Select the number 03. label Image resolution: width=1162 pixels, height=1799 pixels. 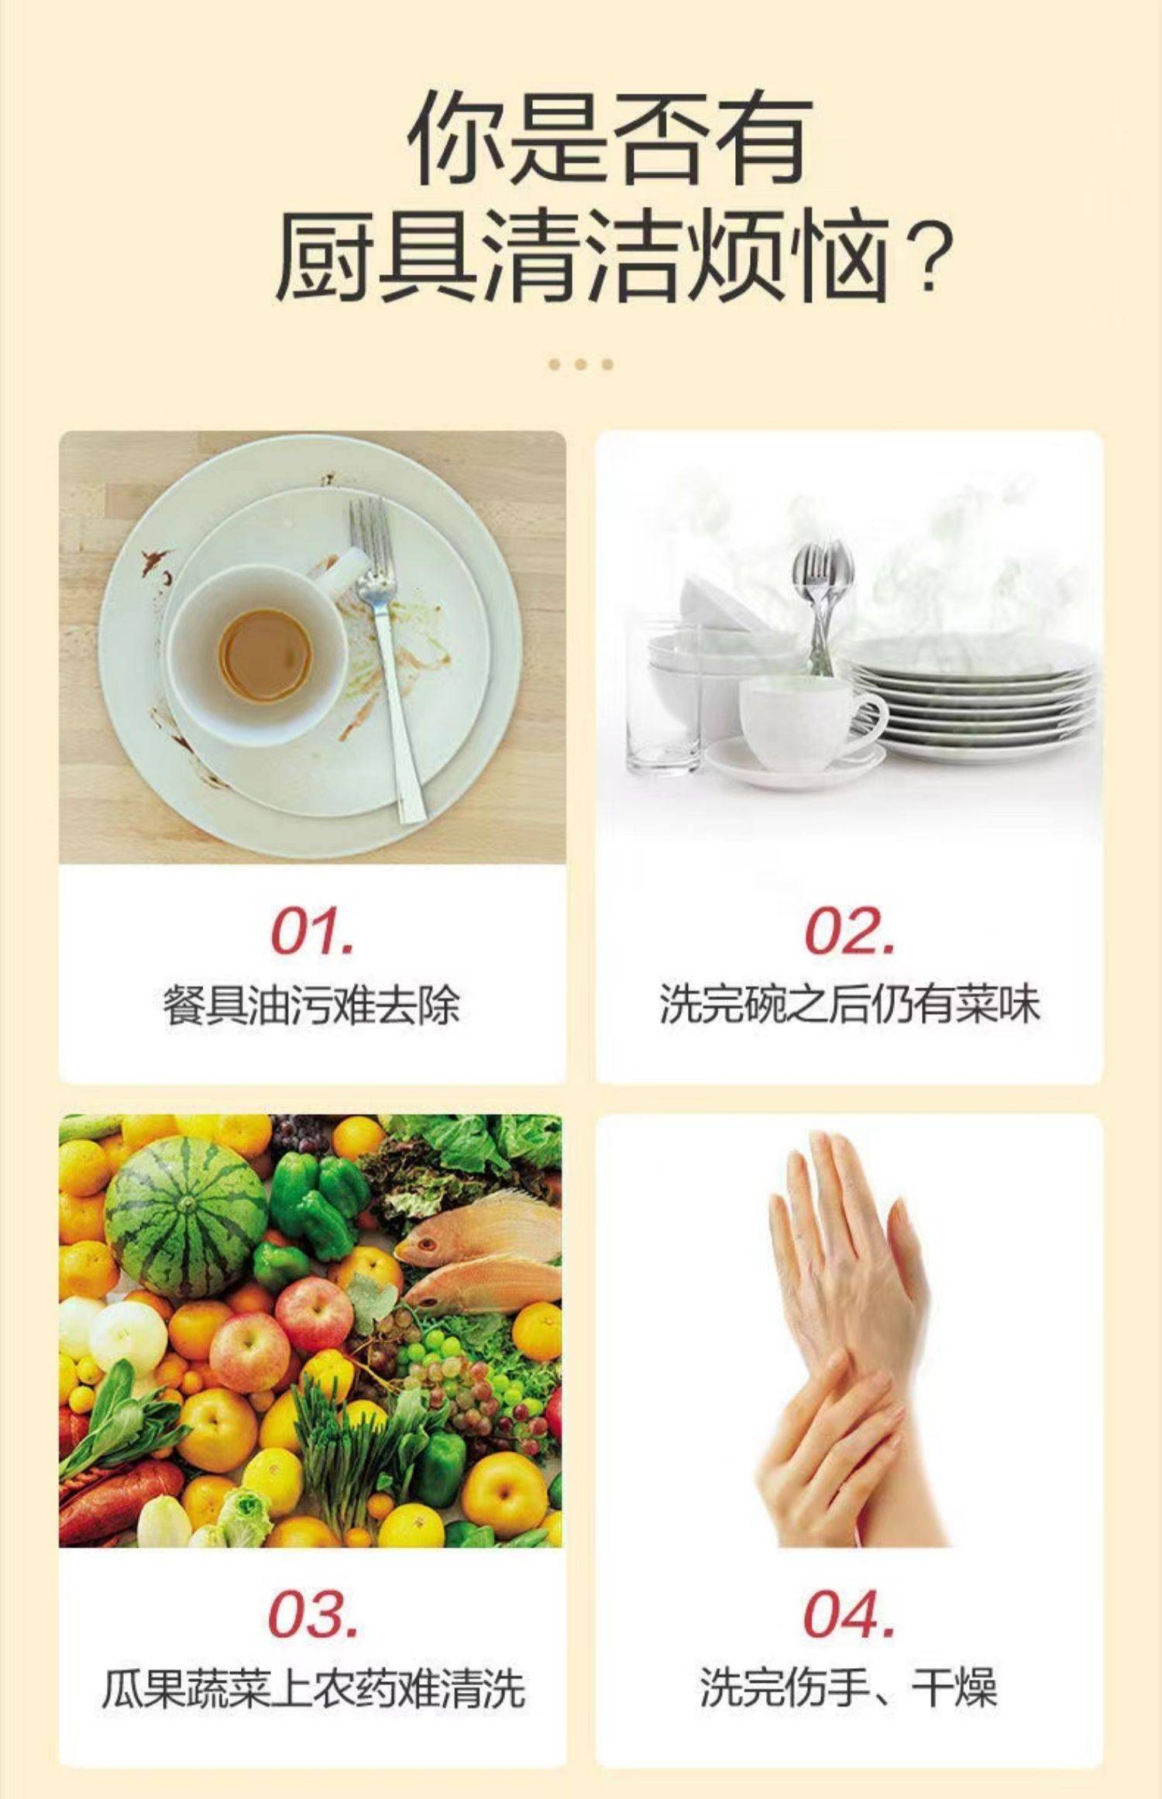click(313, 1614)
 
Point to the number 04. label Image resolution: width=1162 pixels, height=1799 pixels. click(850, 1614)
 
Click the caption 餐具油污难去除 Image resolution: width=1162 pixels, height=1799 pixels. click(311, 1006)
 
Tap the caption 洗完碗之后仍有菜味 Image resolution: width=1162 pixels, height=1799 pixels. click(849, 1005)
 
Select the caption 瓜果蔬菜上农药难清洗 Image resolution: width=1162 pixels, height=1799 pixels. click(313, 1688)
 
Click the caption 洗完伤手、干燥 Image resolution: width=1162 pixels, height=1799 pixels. click(849, 1688)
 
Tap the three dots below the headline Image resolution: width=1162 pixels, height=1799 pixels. click(580, 364)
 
